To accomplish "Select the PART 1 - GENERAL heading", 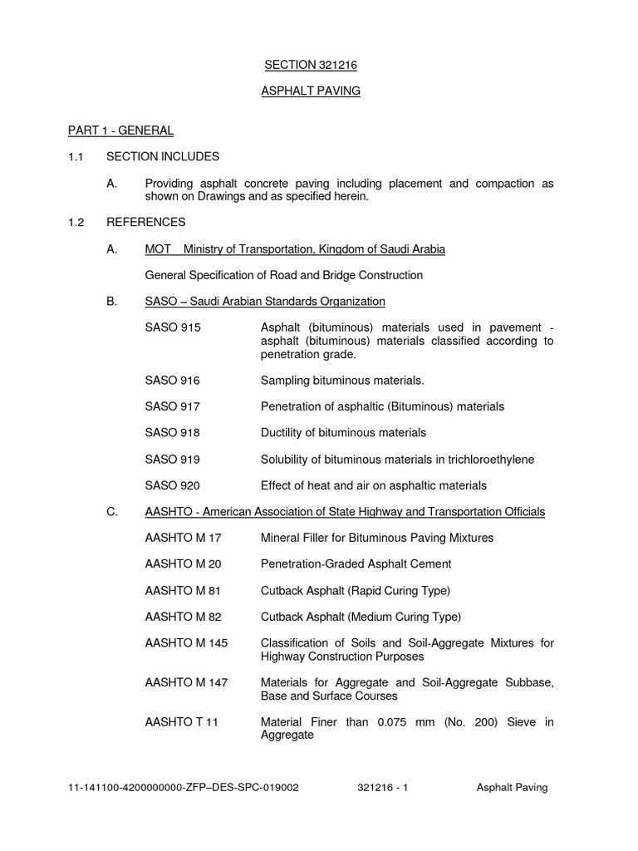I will [120, 130].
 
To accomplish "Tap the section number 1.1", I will [76, 156].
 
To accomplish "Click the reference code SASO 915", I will [173, 327].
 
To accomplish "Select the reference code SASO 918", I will [173, 432].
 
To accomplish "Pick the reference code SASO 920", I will [173, 485].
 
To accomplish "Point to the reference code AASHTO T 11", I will [181, 722].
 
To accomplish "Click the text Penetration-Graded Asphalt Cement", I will [356, 564].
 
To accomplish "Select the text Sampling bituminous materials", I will [342, 380].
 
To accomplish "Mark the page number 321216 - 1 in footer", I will [381, 788].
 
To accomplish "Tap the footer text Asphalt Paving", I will [512, 788].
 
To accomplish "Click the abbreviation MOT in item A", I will [158, 249].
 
